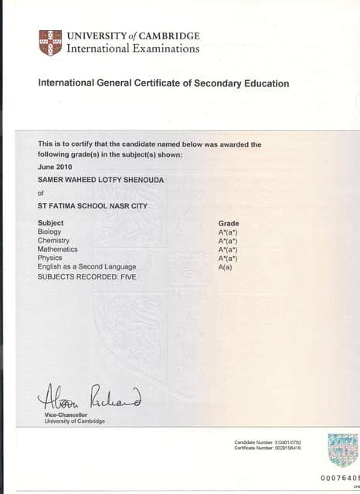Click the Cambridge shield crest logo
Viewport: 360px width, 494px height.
click(50, 42)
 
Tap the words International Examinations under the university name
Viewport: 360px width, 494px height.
click(133, 49)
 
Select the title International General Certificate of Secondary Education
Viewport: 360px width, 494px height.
click(164, 83)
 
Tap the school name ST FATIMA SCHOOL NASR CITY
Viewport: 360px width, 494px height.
click(93, 206)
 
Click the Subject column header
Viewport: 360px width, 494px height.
click(50, 223)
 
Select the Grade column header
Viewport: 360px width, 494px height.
click(229, 223)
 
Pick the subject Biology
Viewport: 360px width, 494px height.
click(49, 232)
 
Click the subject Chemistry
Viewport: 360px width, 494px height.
click(53, 241)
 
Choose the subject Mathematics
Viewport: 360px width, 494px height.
click(58, 249)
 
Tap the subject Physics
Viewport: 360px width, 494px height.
click(49, 258)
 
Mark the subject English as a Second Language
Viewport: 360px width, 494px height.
click(87, 266)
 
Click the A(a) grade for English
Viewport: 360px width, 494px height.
click(226, 266)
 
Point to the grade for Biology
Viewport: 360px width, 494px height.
click(228, 232)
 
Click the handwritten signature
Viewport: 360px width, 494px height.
click(89, 398)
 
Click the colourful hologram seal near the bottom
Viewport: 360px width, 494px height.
click(343, 450)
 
